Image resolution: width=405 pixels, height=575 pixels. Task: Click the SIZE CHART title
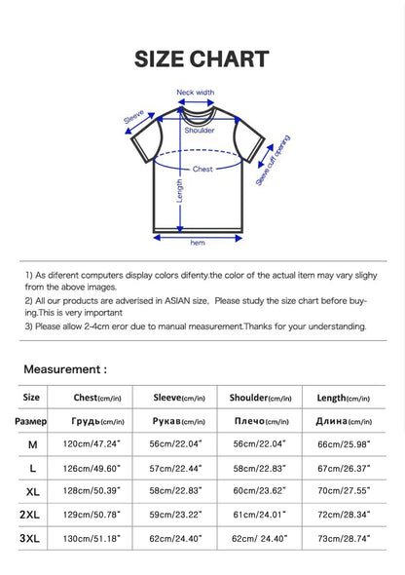pos(202,58)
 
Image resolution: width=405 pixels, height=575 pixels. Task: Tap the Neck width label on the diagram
pos(196,93)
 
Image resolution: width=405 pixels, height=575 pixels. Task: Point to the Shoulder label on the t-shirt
pos(200,130)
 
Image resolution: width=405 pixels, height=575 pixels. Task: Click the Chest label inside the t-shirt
pos(202,169)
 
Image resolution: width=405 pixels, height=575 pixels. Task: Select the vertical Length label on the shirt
pos(180,196)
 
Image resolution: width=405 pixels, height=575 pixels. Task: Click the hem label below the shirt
pos(198,242)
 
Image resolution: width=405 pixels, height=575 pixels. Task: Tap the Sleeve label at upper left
pos(135,119)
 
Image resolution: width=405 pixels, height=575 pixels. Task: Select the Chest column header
pos(98,398)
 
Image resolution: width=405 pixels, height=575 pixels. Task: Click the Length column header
pos(343,398)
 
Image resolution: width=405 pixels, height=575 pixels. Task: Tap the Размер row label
pos(31,421)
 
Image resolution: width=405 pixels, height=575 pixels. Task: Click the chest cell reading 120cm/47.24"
pos(98,444)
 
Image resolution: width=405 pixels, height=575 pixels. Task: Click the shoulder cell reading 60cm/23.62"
pos(261,490)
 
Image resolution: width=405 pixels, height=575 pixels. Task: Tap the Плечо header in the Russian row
pos(261,421)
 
